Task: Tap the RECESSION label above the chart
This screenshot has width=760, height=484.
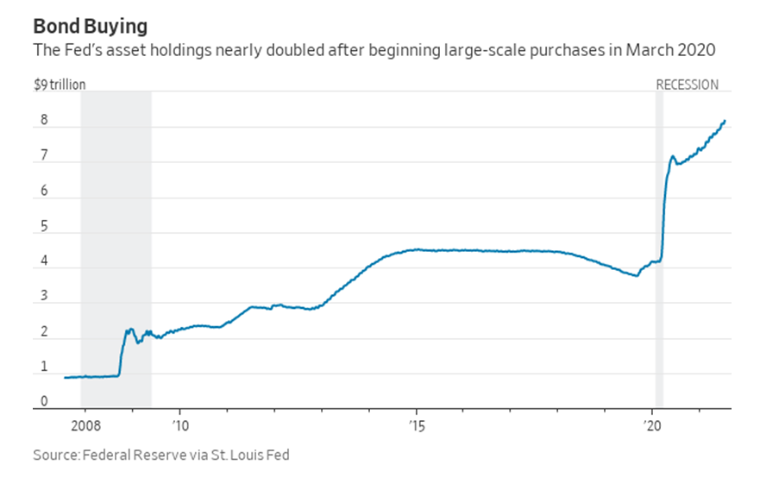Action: pyautogui.click(x=687, y=85)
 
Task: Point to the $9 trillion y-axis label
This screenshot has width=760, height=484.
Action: pyautogui.click(x=60, y=85)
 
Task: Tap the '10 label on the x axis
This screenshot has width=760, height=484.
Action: pyautogui.click(x=180, y=425)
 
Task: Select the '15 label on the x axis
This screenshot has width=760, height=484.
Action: pyautogui.click(x=417, y=425)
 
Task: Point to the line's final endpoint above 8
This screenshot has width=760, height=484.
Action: pyautogui.click(x=725, y=121)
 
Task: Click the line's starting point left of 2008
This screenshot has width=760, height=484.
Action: pyautogui.click(x=65, y=377)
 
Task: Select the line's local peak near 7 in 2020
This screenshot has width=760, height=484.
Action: pyautogui.click(x=672, y=156)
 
